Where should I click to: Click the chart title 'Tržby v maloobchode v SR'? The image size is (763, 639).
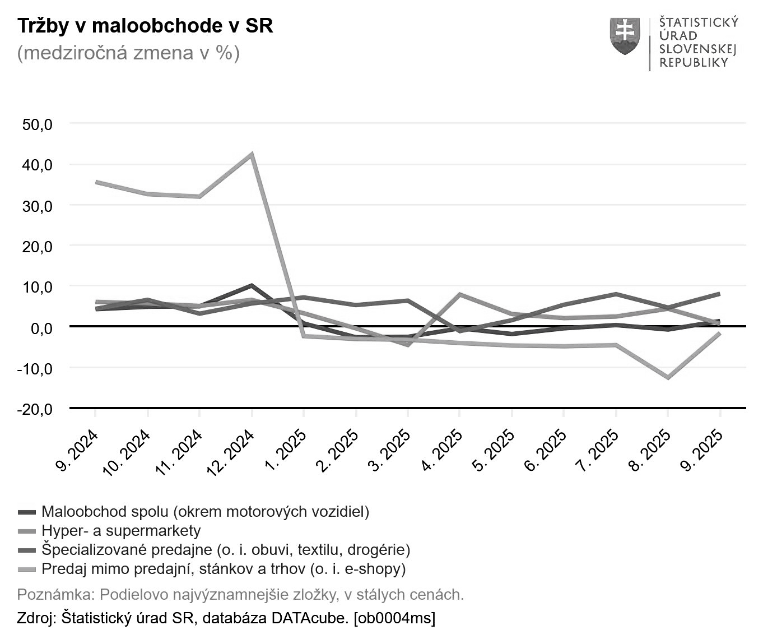[x=145, y=26]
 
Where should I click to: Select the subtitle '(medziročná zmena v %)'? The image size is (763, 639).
[x=128, y=53]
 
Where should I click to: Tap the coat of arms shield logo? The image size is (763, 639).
[x=625, y=36]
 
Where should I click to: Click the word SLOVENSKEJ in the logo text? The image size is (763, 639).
[x=697, y=49]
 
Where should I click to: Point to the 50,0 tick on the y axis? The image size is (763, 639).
[x=38, y=124]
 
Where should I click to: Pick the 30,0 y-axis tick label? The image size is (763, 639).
[x=38, y=206]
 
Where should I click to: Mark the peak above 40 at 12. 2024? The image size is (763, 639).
[x=252, y=154]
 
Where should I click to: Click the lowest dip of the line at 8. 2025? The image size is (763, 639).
[x=668, y=377]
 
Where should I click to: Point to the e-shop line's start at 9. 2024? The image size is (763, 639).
[x=96, y=182]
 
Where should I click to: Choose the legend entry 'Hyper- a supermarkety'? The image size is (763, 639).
[x=120, y=530]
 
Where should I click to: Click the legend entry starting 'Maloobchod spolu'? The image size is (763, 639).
[x=205, y=511]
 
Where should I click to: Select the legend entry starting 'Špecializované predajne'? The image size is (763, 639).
[x=226, y=549]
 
